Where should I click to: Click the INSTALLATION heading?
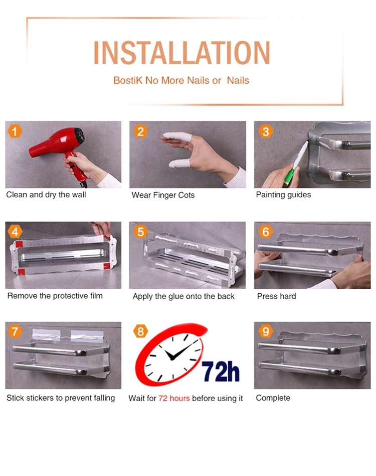181,53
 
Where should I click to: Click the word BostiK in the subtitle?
127,80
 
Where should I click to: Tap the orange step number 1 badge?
15,132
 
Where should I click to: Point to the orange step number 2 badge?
140,132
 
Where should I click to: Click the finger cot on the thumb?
179,164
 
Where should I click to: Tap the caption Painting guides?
283,195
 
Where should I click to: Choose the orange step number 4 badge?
15,232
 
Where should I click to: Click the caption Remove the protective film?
55,296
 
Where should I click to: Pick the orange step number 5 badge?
140,232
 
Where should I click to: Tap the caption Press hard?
276,296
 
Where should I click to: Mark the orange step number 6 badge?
265,232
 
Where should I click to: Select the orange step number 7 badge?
15,331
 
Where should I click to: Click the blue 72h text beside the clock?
220,371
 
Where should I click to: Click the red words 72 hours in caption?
174,398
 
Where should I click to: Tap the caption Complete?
273,398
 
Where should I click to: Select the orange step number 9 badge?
265,331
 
